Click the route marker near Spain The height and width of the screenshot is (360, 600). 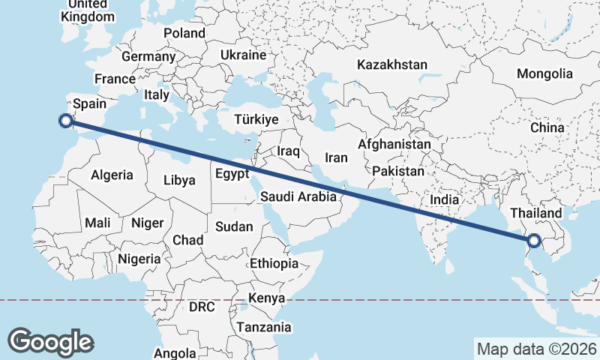(66, 119)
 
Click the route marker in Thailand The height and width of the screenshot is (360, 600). (533, 241)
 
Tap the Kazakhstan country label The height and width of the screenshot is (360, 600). (391, 64)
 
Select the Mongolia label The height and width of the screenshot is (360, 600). (544, 74)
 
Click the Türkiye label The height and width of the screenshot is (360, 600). (256, 119)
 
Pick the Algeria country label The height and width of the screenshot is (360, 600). (112, 175)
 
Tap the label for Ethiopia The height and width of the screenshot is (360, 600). (274, 263)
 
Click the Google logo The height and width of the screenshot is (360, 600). (51, 341)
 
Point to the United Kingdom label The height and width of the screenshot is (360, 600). (89, 10)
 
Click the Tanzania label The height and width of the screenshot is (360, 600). (263, 327)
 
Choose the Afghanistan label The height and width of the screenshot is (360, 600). (394, 144)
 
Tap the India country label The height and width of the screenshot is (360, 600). (445, 200)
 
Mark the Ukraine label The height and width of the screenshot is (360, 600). (244, 55)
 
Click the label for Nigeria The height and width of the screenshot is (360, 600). (139, 259)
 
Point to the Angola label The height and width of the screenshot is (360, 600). (175, 353)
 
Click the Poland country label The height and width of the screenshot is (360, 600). (184, 33)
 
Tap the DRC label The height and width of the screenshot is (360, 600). (202, 307)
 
